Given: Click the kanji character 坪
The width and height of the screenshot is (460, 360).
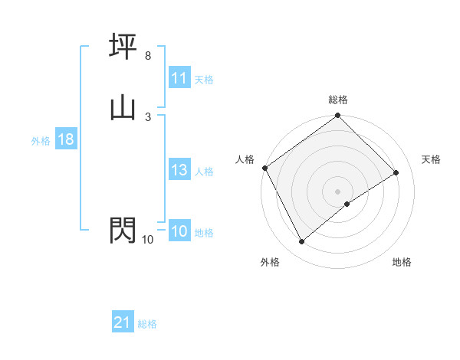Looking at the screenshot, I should pyautogui.click(x=123, y=47).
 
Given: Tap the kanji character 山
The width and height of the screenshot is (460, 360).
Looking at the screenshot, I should pyautogui.click(x=123, y=107).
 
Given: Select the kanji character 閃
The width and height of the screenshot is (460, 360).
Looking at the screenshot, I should pyautogui.click(x=123, y=230).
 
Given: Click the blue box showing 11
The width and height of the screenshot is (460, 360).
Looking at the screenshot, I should pyautogui.click(x=179, y=78).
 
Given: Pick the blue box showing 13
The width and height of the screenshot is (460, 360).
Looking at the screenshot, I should pyautogui.click(x=179, y=171).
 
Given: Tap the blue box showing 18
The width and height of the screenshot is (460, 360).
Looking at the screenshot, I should pyautogui.click(x=65, y=139).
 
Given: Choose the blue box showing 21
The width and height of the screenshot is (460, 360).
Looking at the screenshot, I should pyautogui.click(x=123, y=323).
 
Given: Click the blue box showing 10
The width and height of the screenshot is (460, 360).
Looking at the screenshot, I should pyautogui.click(x=179, y=232).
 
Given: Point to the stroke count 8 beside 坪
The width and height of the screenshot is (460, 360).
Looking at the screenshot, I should pyautogui.click(x=147, y=56).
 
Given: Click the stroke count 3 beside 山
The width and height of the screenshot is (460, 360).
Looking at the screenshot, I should pyautogui.click(x=147, y=116).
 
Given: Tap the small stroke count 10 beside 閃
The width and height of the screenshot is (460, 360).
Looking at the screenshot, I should pyautogui.click(x=147, y=240).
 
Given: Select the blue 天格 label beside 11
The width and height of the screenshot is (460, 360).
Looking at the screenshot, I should pyautogui.click(x=204, y=79).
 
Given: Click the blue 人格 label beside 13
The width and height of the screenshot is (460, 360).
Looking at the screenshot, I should pyautogui.click(x=204, y=172).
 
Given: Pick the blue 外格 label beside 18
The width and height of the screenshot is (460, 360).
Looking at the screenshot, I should pyautogui.click(x=41, y=140).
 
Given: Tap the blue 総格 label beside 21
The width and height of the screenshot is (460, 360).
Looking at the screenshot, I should pyautogui.click(x=147, y=324).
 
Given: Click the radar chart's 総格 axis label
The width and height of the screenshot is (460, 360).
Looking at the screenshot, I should pyautogui.click(x=338, y=100).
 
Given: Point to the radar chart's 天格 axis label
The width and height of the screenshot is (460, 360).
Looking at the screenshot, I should pyautogui.click(x=432, y=159).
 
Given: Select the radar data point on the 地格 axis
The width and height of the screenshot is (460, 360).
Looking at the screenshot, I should pyautogui.click(x=347, y=204).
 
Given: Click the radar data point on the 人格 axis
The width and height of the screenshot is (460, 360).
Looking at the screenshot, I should pyautogui.click(x=264, y=168).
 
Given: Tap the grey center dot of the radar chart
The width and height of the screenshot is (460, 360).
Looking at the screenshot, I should pyautogui.click(x=338, y=191).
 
